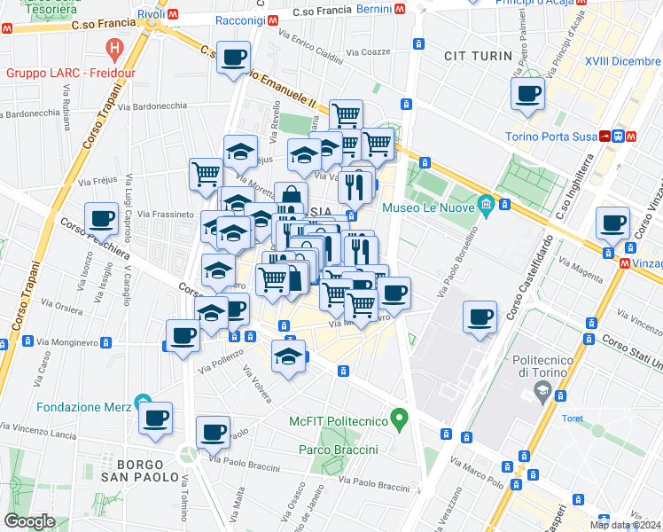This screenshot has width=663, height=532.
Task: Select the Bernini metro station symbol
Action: pyautogui.click(x=402, y=9)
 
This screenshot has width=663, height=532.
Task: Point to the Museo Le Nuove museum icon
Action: pyautogui.click(x=485, y=207)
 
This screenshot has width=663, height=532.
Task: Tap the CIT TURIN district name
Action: pyautogui.click(x=480, y=56)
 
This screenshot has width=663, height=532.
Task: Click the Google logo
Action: pyautogui.click(x=29, y=521)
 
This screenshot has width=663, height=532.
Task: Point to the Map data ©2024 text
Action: pyautogui.click(x=625, y=525)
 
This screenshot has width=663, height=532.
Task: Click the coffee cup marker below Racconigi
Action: pyautogui.click(x=233, y=59)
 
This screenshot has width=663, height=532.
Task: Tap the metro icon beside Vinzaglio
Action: pyautogui.click(x=626, y=263)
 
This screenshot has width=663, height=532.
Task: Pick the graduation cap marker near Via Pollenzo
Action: pyautogui.click(x=288, y=356)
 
